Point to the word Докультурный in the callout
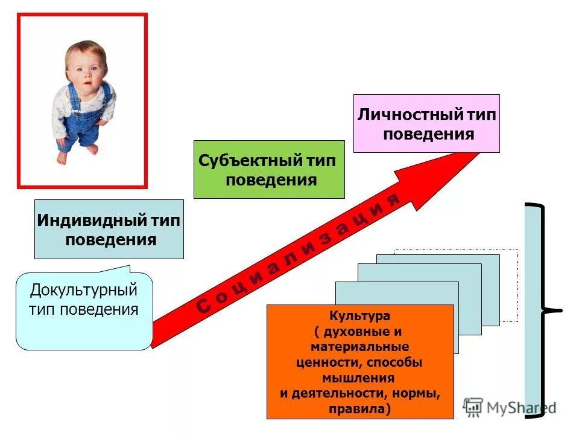[84, 290]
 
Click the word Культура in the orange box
[359, 316]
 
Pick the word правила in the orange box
[359, 409]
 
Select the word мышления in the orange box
[360, 378]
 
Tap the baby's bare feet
[75, 154]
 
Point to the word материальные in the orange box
[360, 347]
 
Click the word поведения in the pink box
[428, 134]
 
